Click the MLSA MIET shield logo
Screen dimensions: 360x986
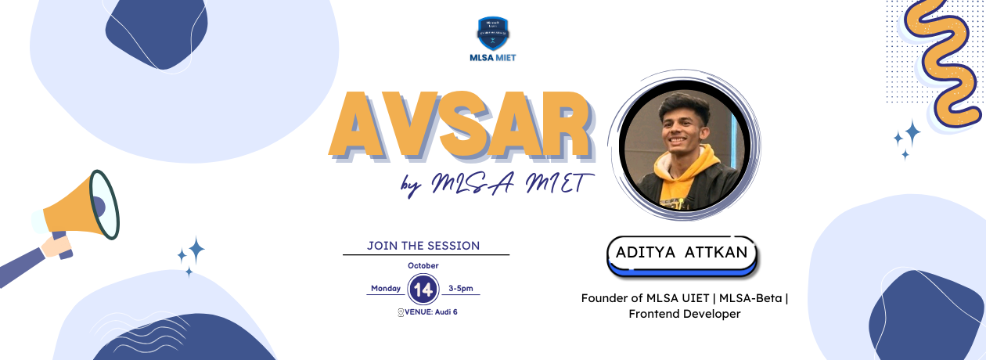pyautogui.click(x=492, y=33)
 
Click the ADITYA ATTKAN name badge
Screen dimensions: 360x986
pyautogui.click(x=682, y=253)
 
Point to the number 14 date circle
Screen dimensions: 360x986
pyautogui.click(x=423, y=290)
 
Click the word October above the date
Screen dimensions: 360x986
pyautogui.click(x=423, y=265)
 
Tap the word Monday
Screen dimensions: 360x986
pyautogui.click(x=386, y=289)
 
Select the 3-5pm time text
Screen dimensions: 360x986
pyautogui.click(x=461, y=289)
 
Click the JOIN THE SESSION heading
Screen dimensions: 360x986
pyautogui.click(x=423, y=246)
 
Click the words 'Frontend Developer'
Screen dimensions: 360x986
pyautogui.click(x=684, y=314)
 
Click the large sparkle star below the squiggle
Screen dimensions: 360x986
pyautogui.click(x=911, y=132)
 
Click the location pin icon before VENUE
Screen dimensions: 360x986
pyautogui.click(x=401, y=311)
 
